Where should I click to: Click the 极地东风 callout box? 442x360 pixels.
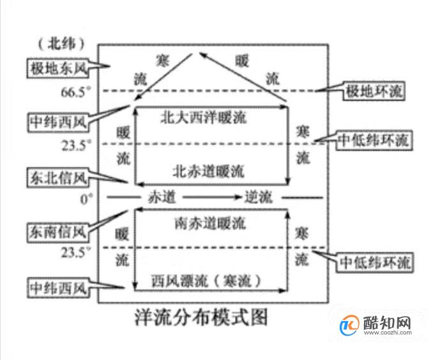click(57, 68)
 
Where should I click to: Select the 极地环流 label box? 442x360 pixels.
click(374, 91)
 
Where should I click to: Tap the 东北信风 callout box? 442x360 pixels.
click(57, 178)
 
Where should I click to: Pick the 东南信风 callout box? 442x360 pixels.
click(57, 232)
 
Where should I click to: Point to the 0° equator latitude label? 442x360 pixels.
click(86, 199)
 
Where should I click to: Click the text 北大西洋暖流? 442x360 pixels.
click(204, 117)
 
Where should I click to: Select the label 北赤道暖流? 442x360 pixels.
click(208, 171)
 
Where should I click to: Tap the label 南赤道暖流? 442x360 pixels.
click(210, 223)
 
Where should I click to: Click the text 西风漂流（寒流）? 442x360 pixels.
click(206, 281)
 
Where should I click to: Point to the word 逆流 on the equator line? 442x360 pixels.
click(258, 197)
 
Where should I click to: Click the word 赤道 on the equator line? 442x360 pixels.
click(162, 197)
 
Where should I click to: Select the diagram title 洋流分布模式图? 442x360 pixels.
click(201, 318)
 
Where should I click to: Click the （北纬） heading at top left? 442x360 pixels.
click(61, 44)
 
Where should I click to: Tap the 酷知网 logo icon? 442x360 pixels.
click(349, 325)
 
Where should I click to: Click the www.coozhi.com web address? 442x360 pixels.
click(388, 333)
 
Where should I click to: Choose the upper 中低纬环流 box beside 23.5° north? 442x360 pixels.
click(374, 140)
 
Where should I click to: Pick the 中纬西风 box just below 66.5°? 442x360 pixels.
click(57, 122)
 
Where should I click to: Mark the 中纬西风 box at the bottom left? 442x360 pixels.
click(57, 288)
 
